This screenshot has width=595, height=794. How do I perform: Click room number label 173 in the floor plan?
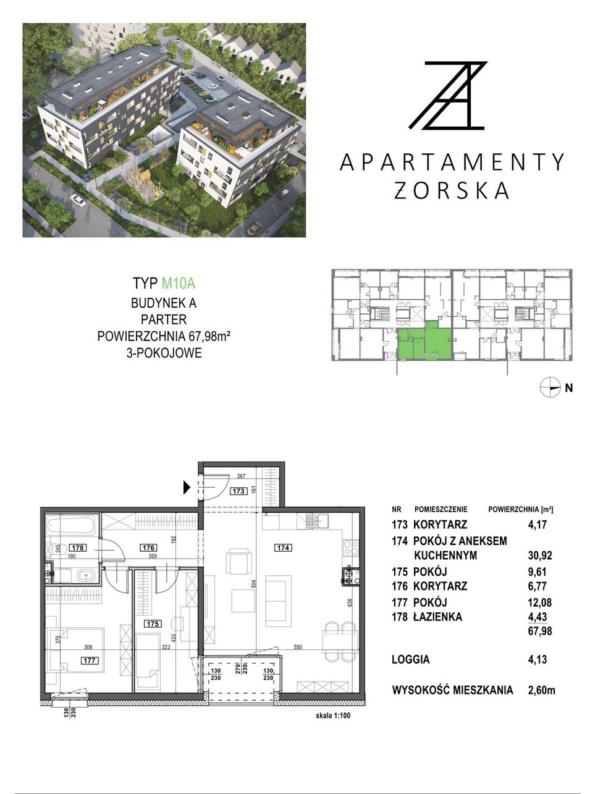click(x=238, y=491)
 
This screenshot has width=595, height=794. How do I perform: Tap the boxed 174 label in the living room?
click(x=283, y=547)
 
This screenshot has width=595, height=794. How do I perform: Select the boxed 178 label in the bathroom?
click(x=78, y=547)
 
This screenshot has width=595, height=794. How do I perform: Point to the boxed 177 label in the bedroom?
click(x=90, y=661)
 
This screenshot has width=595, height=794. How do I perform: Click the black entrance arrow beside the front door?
click(x=187, y=488)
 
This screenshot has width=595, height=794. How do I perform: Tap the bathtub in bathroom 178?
click(x=71, y=525)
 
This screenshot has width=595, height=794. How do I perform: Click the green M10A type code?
click(x=179, y=283)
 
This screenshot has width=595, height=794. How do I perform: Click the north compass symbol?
click(x=550, y=388)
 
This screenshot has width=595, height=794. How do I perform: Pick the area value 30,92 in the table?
click(x=540, y=555)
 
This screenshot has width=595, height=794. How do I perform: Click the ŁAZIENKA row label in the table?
click(x=437, y=617)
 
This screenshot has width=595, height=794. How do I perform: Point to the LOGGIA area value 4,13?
click(x=537, y=659)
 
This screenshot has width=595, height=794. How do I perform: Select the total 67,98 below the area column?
click(x=540, y=631)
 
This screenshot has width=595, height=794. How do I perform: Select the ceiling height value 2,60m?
click(x=541, y=690)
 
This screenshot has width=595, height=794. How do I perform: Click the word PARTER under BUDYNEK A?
click(x=164, y=320)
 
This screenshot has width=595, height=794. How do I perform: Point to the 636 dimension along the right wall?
click(x=350, y=603)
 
